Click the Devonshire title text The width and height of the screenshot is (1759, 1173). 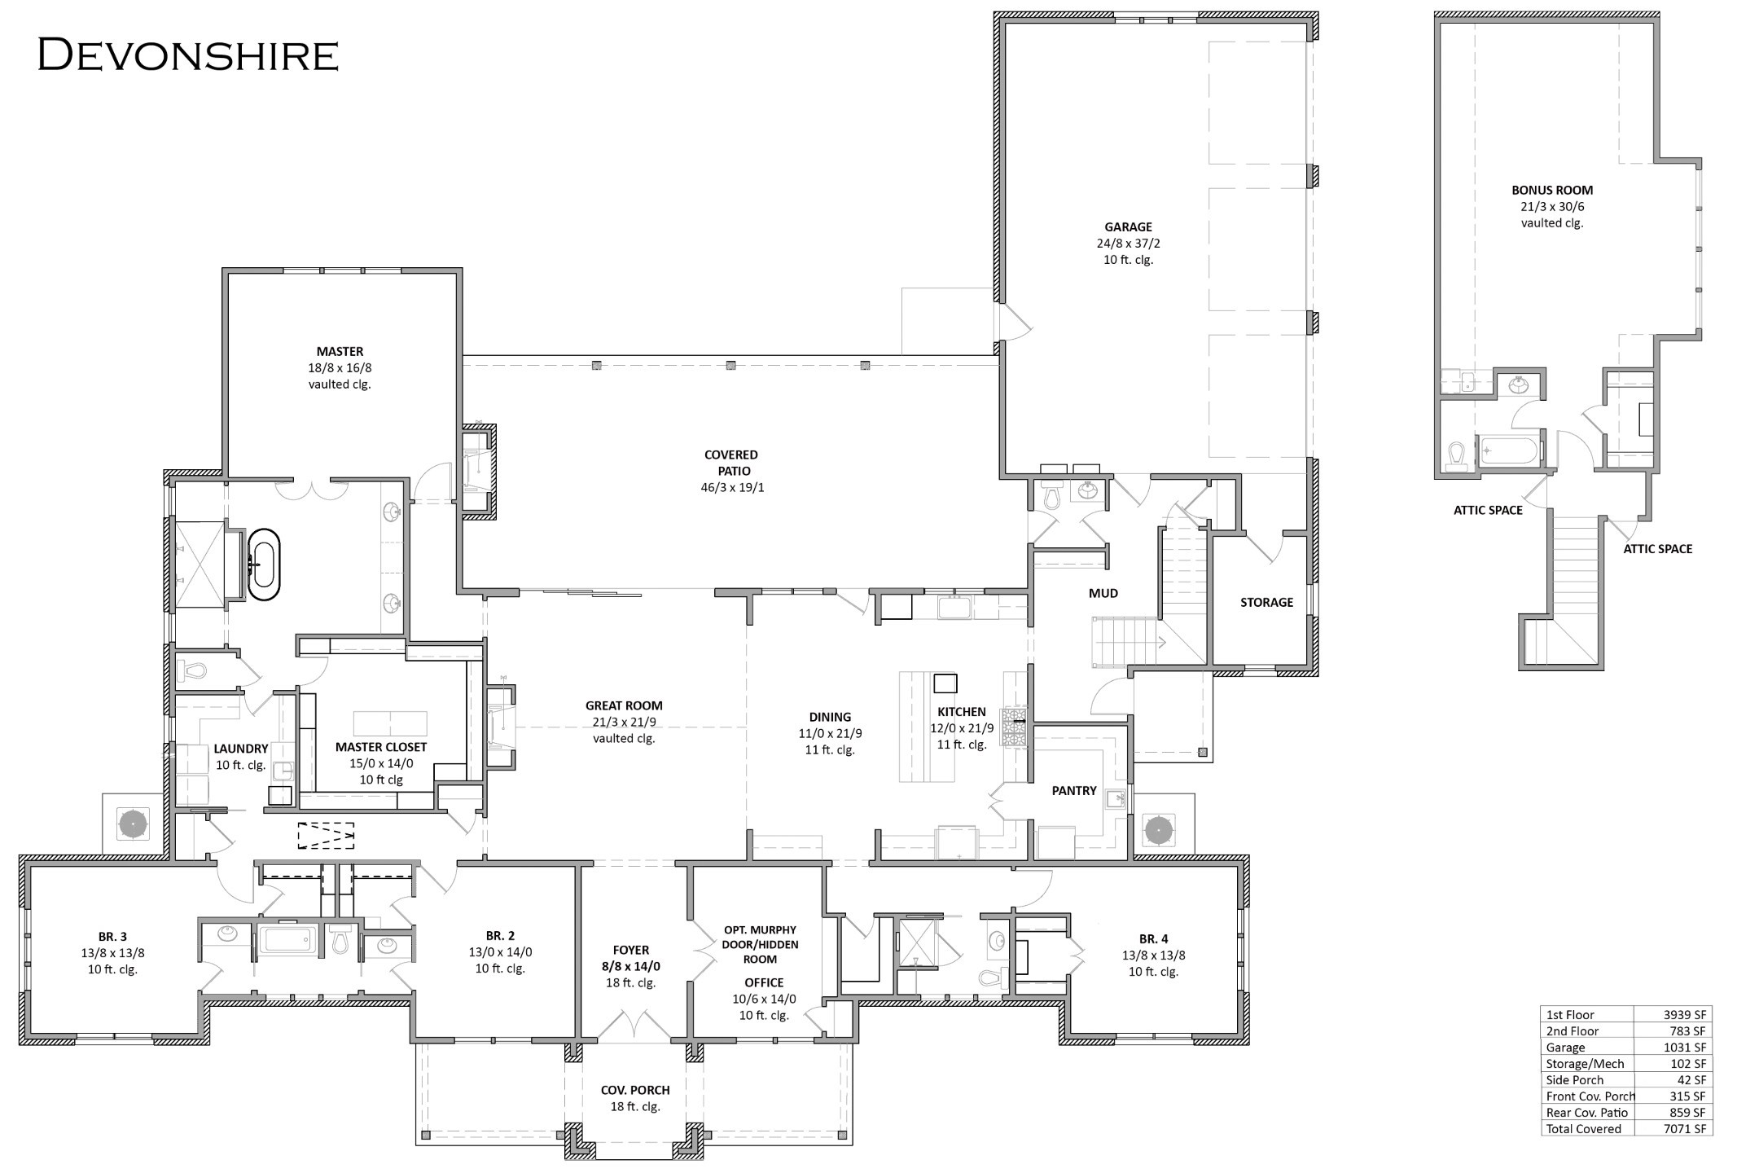point(188,55)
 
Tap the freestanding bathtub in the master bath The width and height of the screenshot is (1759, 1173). point(263,565)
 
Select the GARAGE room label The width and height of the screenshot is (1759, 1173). point(1128,227)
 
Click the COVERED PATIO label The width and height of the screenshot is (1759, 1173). point(731,463)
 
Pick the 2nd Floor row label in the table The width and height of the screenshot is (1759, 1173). point(1572,1030)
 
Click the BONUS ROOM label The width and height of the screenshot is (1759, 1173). point(1552,190)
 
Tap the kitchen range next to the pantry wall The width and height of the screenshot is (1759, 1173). point(1014,727)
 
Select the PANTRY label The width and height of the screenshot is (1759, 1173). point(1074,790)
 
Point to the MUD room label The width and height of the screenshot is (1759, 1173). point(1103,593)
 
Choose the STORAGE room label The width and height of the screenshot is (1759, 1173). point(1266,602)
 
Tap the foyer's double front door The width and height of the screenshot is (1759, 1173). point(634,1025)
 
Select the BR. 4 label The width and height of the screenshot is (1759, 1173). point(1152,938)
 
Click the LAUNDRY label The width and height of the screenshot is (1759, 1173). point(241,749)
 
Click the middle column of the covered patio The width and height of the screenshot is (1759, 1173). point(730,365)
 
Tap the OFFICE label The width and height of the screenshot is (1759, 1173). point(764,982)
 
